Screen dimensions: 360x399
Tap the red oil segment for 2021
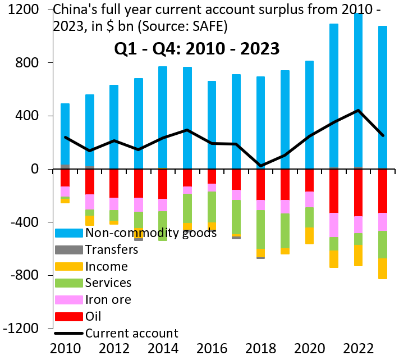334,191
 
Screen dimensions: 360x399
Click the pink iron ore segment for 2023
382,222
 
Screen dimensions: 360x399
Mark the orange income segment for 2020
309,235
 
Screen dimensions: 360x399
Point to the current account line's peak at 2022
358,110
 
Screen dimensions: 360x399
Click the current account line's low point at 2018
260,166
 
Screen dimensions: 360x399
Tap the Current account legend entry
130,333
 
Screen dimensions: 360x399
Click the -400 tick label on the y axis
24,222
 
